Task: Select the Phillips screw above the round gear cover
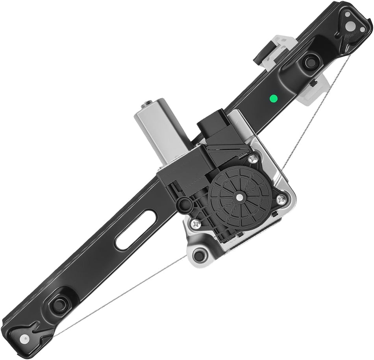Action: tap(253, 159)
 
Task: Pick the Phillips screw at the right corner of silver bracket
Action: tap(281, 200)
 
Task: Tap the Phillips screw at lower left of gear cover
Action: tap(195, 224)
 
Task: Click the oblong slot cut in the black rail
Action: tap(135, 230)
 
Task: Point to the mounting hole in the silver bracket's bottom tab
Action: tap(200, 255)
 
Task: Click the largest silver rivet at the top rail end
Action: tap(348, 15)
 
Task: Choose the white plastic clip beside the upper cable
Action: tap(313, 90)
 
